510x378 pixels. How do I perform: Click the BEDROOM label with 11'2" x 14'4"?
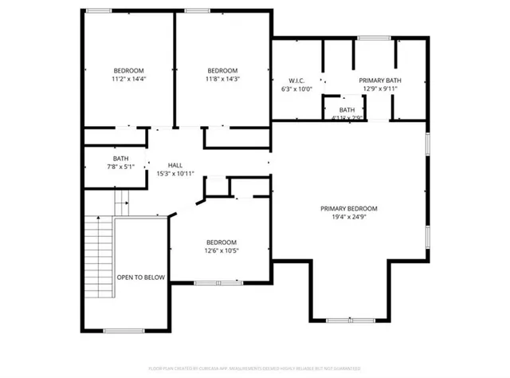[129, 69]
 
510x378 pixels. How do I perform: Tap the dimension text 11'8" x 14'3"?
[222, 79]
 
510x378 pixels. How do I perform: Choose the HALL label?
[175, 165]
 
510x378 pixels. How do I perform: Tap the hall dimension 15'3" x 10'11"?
[175, 173]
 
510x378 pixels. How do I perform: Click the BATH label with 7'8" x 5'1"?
[120, 158]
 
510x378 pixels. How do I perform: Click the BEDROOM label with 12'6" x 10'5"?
[222, 242]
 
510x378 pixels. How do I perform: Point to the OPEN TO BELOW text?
[141, 278]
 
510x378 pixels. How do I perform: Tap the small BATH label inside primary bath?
[347, 110]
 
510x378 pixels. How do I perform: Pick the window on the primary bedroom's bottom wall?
[350, 320]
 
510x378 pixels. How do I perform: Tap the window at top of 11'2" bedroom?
[99, 10]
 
